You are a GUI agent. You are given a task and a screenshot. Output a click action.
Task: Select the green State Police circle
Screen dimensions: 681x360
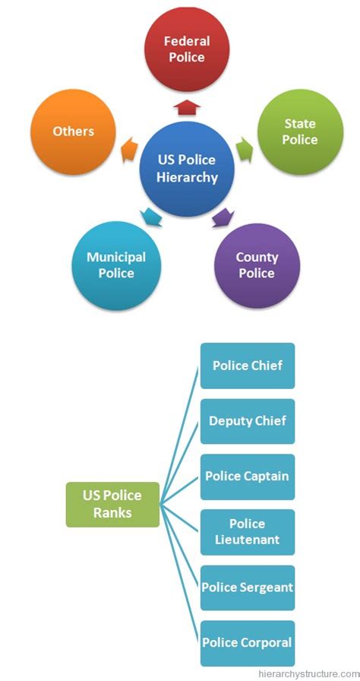pos(300,131)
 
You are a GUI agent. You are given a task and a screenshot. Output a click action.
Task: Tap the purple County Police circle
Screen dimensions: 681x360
pos(257,265)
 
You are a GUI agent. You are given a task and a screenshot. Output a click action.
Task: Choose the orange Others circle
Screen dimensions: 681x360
pos(74,131)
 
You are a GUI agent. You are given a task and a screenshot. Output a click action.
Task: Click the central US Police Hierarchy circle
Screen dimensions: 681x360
pos(187,169)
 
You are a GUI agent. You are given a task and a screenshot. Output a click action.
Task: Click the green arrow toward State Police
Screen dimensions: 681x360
pos(243,146)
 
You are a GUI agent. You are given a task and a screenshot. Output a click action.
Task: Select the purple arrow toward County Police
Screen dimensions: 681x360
pos(221,218)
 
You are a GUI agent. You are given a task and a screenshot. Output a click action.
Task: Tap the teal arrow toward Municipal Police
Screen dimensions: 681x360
pos(152,218)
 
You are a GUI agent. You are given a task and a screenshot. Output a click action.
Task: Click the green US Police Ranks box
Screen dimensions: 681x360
pos(112,505)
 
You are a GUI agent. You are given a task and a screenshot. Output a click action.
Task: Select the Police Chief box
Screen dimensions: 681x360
pos(247,366)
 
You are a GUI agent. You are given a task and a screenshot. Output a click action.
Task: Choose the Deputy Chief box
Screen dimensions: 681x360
pos(247,421)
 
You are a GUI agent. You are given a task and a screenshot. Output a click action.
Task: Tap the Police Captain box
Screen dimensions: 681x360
pos(247,477)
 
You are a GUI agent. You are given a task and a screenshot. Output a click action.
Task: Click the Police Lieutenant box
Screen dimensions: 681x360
pos(247,532)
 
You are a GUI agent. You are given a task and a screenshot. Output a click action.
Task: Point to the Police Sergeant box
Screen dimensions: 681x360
pos(247,588)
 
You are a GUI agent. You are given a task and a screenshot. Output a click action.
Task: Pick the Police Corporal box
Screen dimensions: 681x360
pos(247,643)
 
